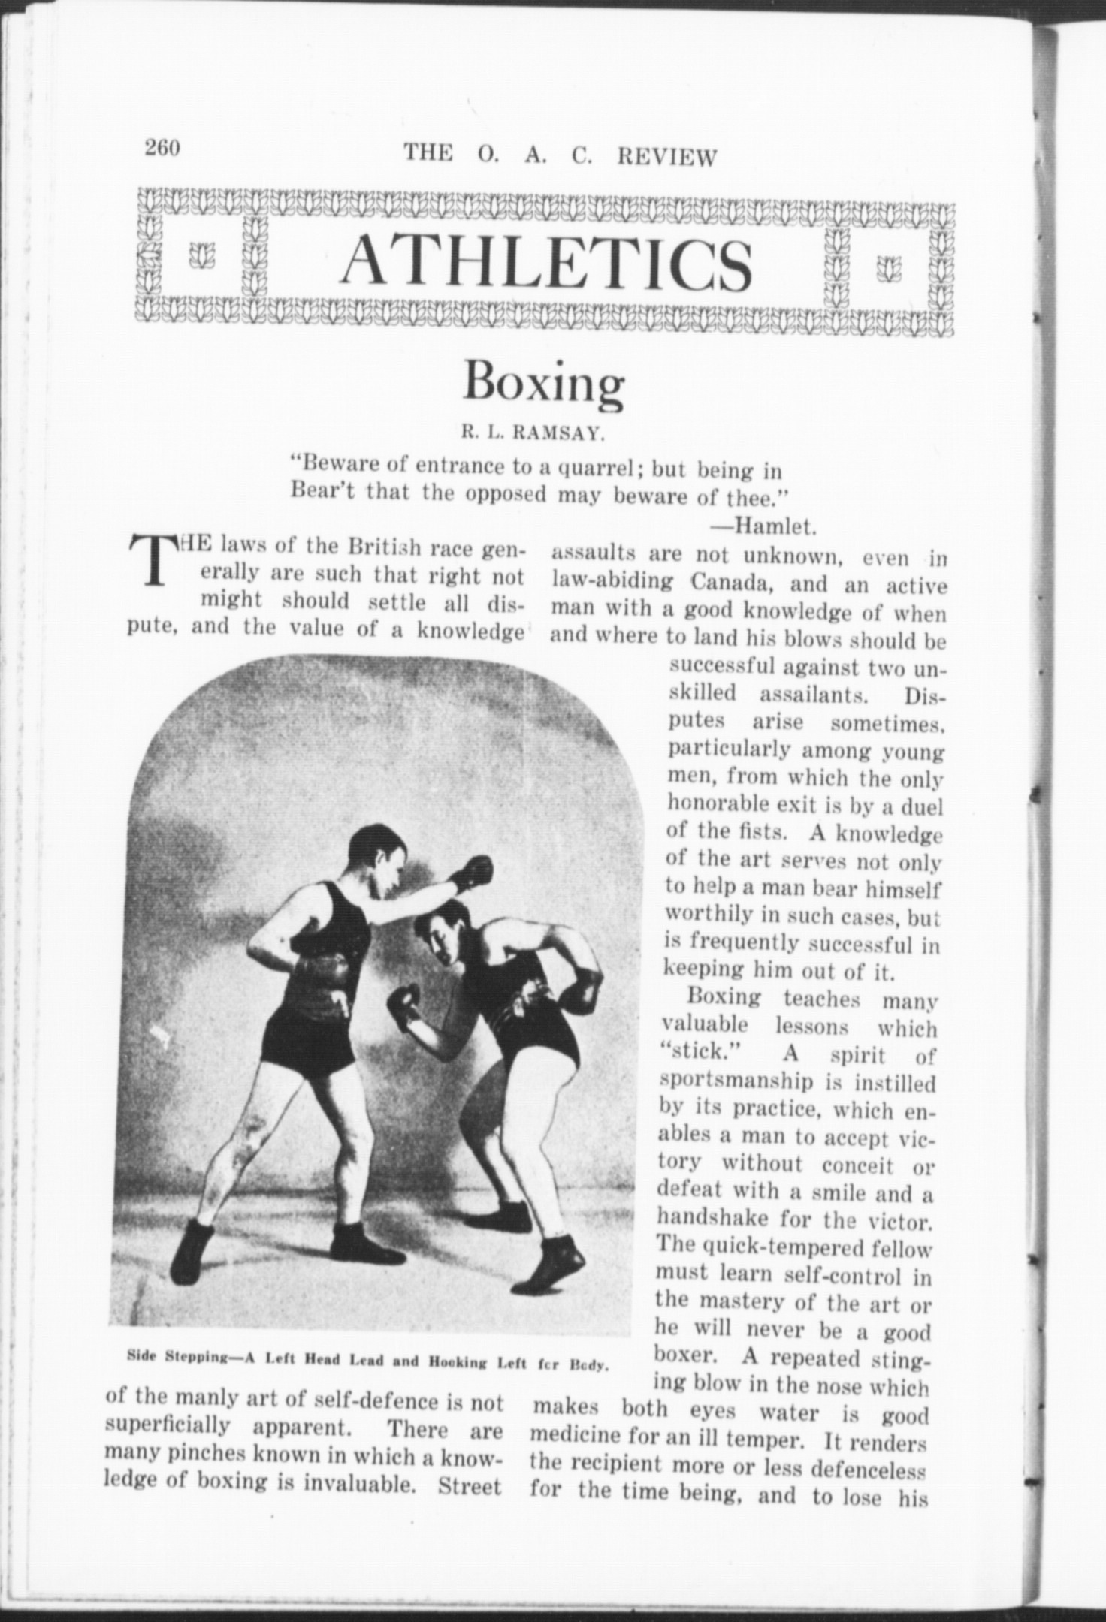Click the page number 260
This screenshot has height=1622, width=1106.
tap(162, 147)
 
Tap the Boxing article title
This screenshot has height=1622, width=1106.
tap(543, 381)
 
